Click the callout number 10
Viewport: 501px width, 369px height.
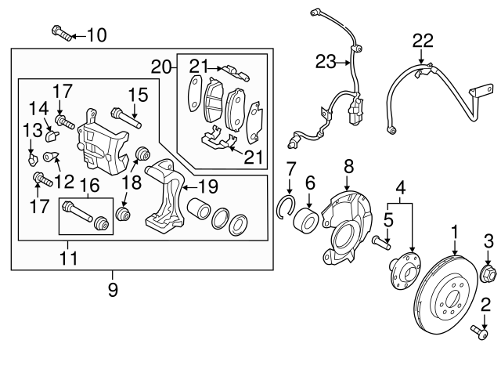(x=96, y=34)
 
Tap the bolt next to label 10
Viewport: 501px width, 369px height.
(x=63, y=33)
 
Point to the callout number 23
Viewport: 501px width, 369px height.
(x=326, y=60)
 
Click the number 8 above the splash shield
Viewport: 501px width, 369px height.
(x=349, y=166)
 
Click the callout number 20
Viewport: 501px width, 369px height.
(x=162, y=67)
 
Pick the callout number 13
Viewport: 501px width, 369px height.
(x=31, y=129)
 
